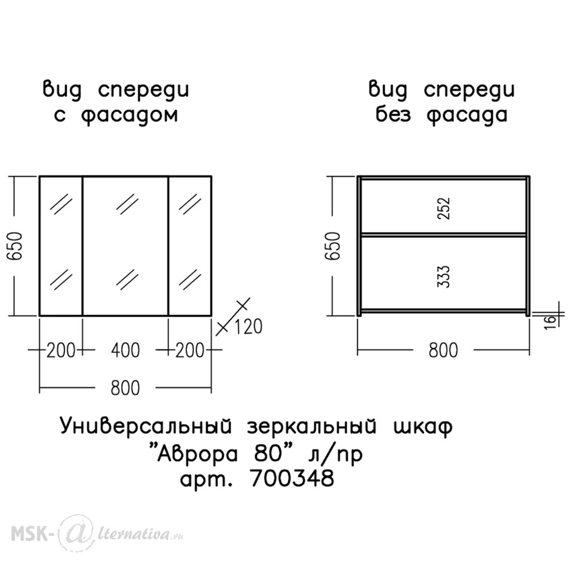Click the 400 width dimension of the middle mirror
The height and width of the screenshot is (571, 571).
click(x=125, y=351)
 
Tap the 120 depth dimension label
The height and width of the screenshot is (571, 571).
click(x=248, y=327)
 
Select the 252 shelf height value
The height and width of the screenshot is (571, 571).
click(x=444, y=208)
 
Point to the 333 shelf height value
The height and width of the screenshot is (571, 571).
click(x=444, y=277)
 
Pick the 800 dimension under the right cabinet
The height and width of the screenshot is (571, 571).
click(x=443, y=351)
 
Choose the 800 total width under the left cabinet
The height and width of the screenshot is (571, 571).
click(x=125, y=388)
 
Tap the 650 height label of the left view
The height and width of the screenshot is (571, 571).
click(x=15, y=246)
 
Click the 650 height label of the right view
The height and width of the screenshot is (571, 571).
click(x=333, y=246)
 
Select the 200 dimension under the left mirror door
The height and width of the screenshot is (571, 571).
click(x=61, y=351)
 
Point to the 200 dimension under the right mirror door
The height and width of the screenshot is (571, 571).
click(x=190, y=351)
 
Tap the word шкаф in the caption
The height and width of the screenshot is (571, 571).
click(x=423, y=427)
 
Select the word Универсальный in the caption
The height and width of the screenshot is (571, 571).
click(x=146, y=426)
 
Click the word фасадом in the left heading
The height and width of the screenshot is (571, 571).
click(x=129, y=115)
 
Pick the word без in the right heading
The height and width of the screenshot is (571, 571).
click(x=393, y=114)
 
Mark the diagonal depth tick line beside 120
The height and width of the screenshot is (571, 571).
click(x=234, y=316)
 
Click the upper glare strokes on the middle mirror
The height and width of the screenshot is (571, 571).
click(x=127, y=204)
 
